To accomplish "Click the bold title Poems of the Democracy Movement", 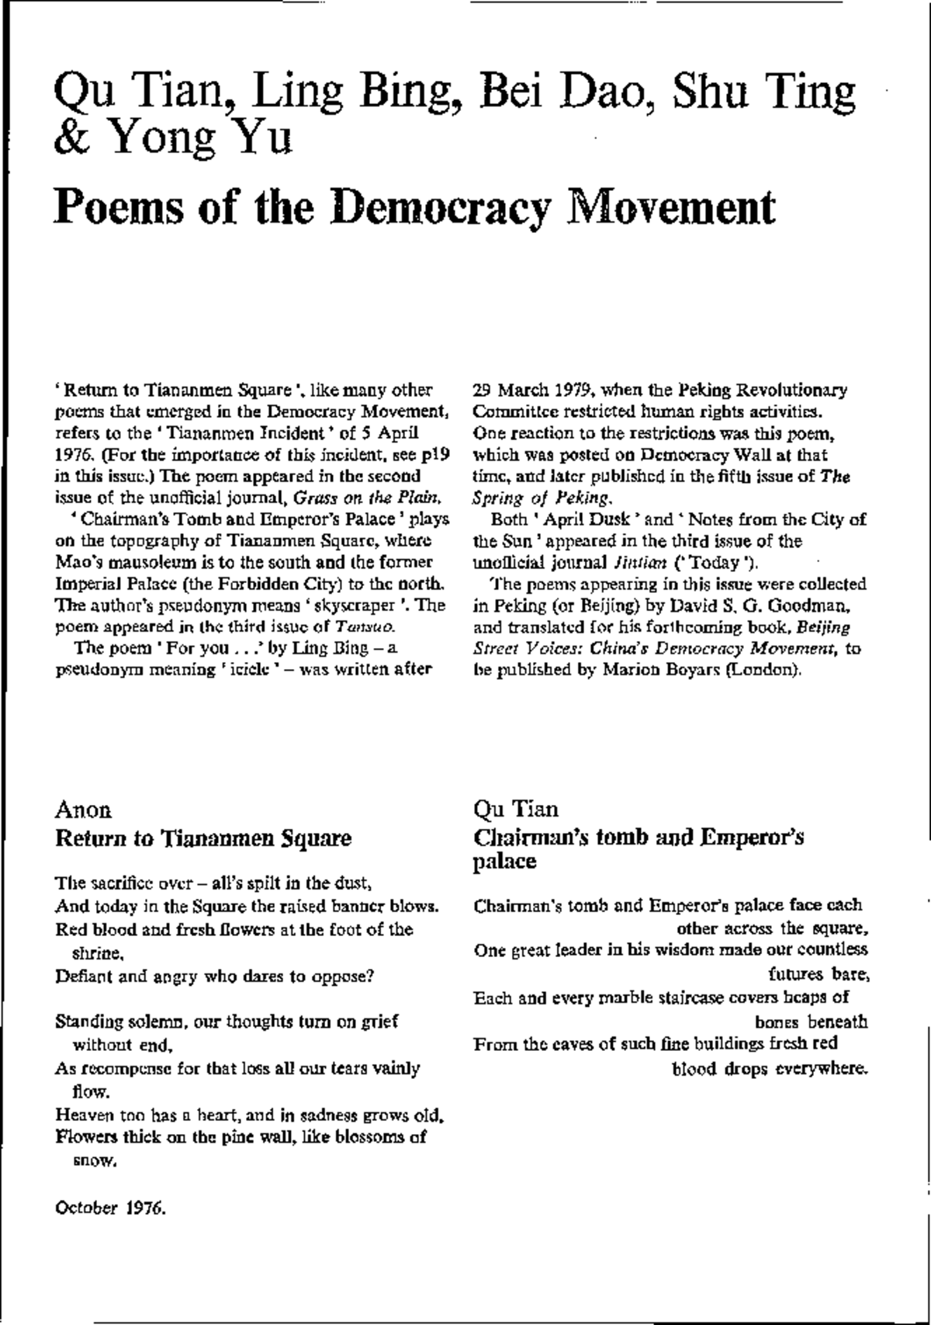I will point(414,207).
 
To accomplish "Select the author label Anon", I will point(84,810).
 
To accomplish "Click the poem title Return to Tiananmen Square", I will point(203,838).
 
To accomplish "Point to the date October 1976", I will point(111,1208).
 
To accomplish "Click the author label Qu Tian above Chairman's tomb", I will point(516,810).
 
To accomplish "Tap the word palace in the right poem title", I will point(505,862).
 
